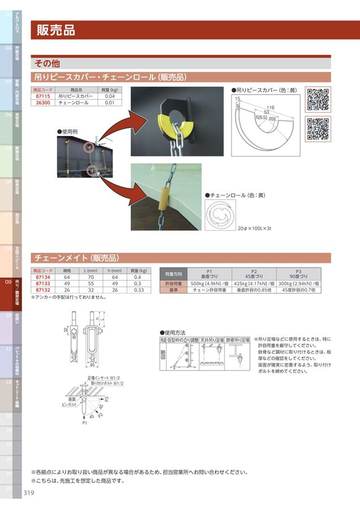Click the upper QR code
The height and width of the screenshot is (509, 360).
pos(318,100)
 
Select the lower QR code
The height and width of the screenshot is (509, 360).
pos(318,128)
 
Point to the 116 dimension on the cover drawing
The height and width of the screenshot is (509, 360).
pos(271,107)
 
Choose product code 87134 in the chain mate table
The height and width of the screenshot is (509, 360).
pos(44,277)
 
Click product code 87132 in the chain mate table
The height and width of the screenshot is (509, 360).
pos(44,290)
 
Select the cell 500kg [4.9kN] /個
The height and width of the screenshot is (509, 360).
pos(209,283)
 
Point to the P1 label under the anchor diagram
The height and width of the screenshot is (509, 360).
pos(84,422)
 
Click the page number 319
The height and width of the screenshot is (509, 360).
pos(29,493)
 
